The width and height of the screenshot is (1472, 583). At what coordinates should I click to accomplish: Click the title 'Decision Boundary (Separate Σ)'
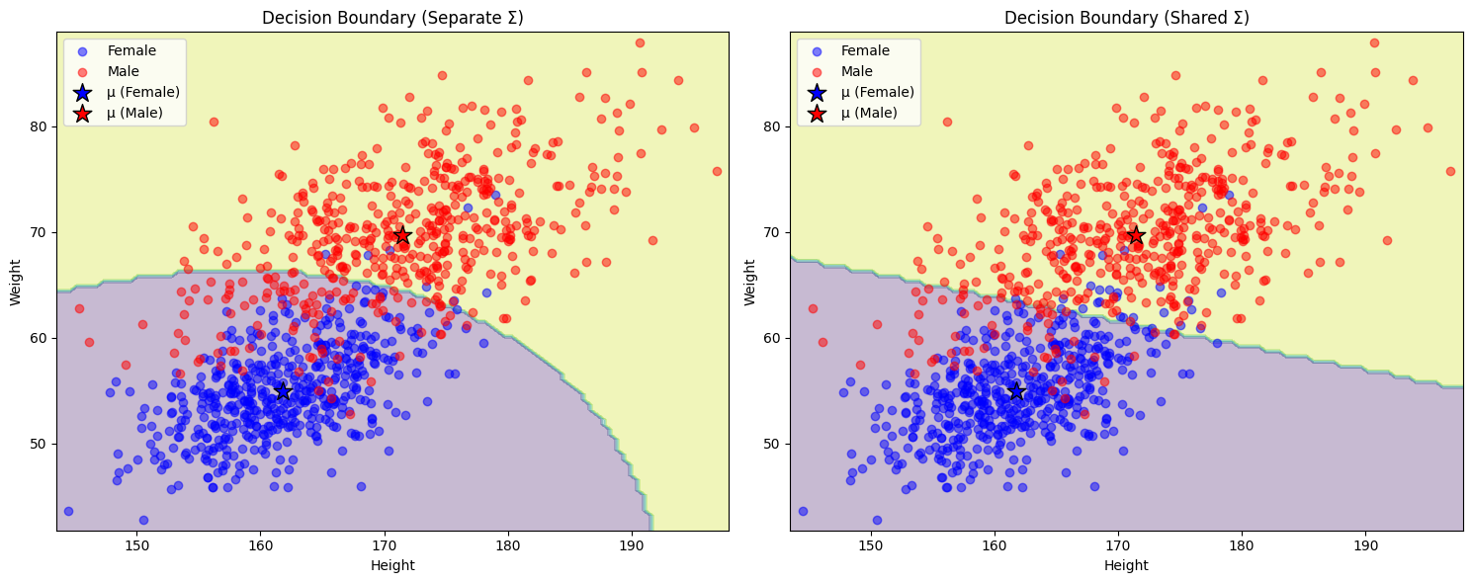392,18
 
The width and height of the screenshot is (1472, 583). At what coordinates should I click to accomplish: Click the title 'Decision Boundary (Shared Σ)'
1126,18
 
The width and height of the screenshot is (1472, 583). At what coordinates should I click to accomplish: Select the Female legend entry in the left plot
130,50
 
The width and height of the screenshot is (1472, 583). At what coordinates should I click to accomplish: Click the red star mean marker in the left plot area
402,235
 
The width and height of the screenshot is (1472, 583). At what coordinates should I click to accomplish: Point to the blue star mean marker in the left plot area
283,391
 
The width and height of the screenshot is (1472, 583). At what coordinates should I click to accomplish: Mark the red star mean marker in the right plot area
1136,235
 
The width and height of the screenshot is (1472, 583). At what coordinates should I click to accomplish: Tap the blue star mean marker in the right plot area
1016,391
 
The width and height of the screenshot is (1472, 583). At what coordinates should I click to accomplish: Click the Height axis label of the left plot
392,565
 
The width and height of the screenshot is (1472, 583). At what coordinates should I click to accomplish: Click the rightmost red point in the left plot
717,171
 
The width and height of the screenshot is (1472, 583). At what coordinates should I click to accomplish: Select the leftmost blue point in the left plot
68,511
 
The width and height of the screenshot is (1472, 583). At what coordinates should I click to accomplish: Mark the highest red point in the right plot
1374,42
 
